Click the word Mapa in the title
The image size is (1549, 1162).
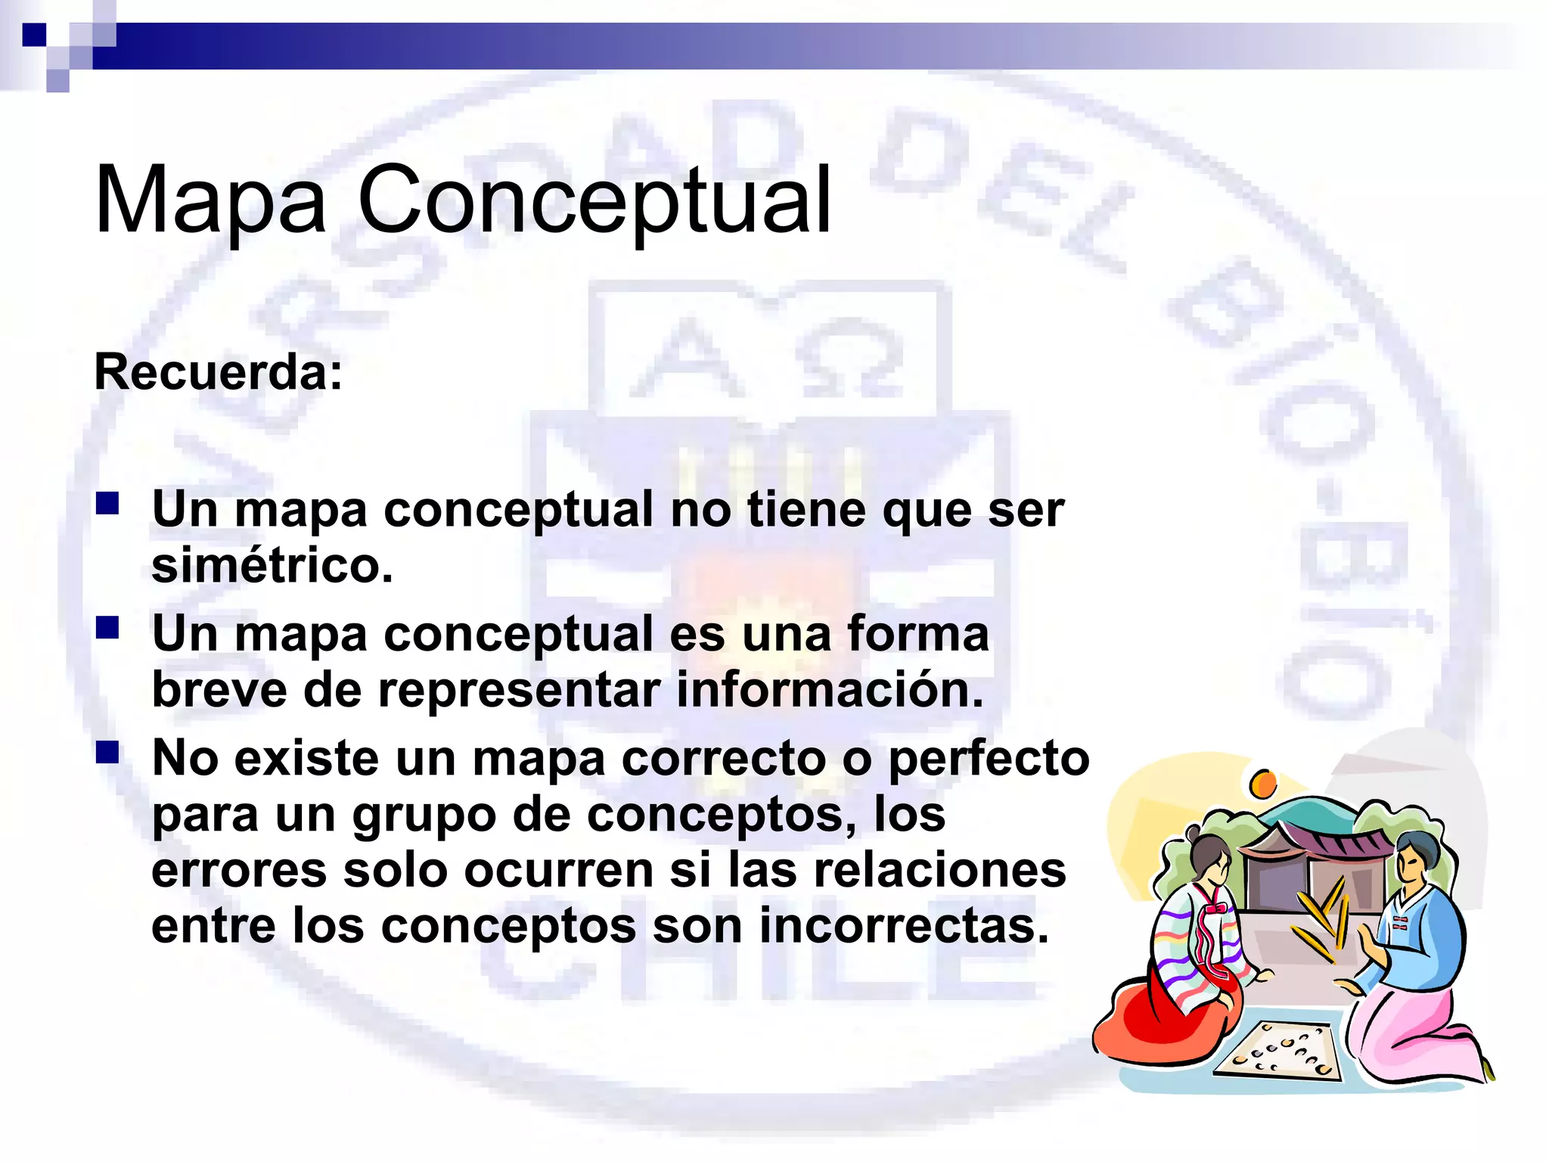pos(210,200)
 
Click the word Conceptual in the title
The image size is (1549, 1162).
pos(594,200)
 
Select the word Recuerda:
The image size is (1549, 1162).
pos(218,372)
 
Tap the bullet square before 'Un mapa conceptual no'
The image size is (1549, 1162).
pos(107,504)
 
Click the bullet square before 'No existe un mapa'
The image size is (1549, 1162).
pos(107,752)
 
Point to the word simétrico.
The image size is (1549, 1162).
pos(272,565)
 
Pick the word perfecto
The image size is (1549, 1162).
pos(989,758)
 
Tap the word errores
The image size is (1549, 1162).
pos(239,870)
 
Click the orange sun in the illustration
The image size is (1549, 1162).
pos(1263,784)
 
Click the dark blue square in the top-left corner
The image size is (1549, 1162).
pos(34,35)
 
